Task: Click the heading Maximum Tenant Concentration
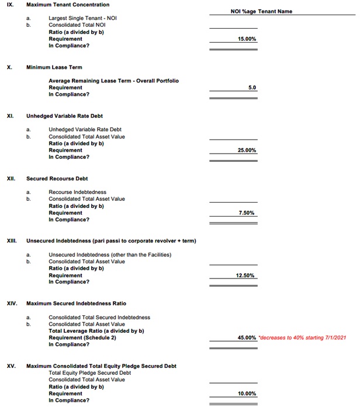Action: [x=67, y=5]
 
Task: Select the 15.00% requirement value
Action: [x=247, y=39]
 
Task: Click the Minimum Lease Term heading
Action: [x=54, y=67]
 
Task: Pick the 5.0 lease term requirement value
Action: [x=252, y=88]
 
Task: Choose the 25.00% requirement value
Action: [x=247, y=150]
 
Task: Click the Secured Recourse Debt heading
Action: [x=57, y=178]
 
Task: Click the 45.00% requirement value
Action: [x=247, y=338]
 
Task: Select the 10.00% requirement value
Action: [x=247, y=394]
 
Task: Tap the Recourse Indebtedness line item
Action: [x=77, y=192]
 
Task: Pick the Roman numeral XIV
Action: [x=12, y=304]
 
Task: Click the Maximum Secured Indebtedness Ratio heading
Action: [x=76, y=304]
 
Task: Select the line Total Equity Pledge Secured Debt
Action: [x=89, y=373]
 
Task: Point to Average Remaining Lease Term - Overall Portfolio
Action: [x=113, y=81]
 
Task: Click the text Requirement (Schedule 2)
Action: [x=82, y=338]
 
